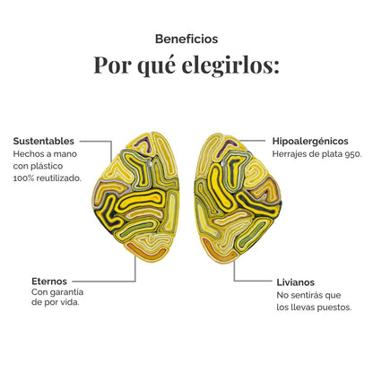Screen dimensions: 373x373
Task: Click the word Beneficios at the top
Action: [x=186, y=39]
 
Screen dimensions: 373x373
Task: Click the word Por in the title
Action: [x=113, y=65]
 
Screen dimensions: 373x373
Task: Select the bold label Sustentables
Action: [x=44, y=141]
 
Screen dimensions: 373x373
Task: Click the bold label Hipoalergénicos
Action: [x=310, y=141]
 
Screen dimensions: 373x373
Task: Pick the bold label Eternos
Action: [x=49, y=282]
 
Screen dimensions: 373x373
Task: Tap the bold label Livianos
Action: [x=296, y=282]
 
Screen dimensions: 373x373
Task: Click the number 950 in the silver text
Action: [x=353, y=154]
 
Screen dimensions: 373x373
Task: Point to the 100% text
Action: [x=22, y=178]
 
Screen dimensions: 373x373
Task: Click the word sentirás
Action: [x=304, y=295]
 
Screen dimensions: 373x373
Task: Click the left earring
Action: [x=136, y=197]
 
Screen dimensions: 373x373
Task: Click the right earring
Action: [x=238, y=198]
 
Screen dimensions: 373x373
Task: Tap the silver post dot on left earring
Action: [x=149, y=163]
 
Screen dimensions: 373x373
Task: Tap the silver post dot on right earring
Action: [x=224, y=163]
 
